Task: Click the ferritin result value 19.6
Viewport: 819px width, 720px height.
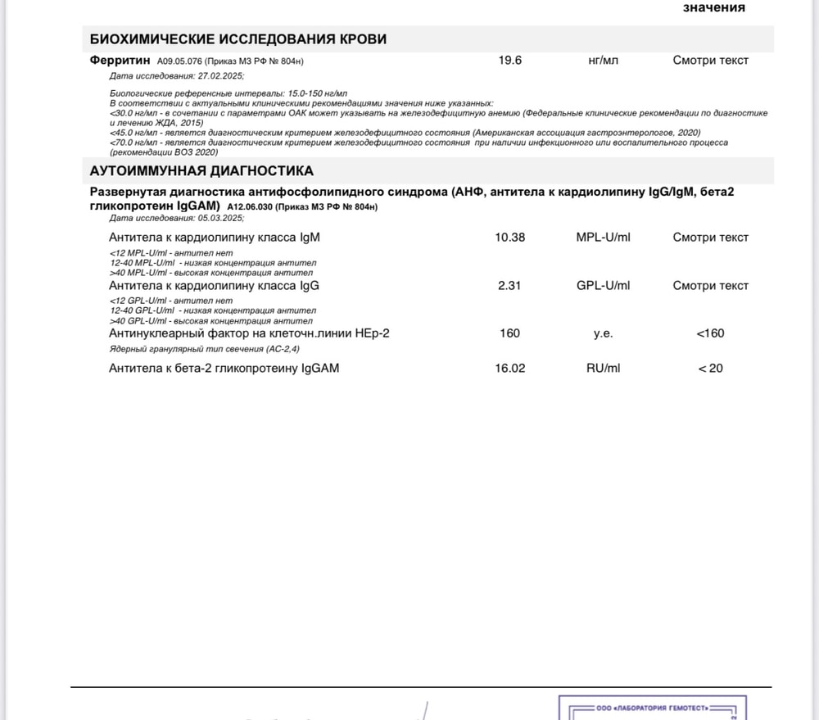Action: [510, 60]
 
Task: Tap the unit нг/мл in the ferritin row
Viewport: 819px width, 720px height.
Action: [604, 60]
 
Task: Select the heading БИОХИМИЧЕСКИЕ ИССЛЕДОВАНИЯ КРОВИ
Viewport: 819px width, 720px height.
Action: [238, 39]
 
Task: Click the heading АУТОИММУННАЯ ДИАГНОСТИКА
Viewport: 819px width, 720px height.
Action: [201, 171]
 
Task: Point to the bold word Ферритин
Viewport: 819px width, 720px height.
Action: [120, 60]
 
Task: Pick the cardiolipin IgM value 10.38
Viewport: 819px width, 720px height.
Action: [510, 238]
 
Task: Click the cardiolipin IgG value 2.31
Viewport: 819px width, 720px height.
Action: [510, 286]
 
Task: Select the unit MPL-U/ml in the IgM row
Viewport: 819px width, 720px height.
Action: [604, 238]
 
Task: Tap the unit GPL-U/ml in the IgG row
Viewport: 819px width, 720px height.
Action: [604, 286]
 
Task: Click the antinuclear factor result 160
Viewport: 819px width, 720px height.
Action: [509, 333]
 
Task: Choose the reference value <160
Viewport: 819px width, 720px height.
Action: [710, 333]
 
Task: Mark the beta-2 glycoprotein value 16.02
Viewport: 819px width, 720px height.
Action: [510, 369]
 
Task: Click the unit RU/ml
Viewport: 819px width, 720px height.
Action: [604, 369]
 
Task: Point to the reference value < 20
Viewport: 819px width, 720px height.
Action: [710, 369]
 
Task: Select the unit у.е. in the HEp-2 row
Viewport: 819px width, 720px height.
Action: [604, 333]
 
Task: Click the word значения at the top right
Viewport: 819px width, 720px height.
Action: [714, 7]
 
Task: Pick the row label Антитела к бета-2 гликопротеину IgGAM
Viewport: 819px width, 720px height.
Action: [224, 369]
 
